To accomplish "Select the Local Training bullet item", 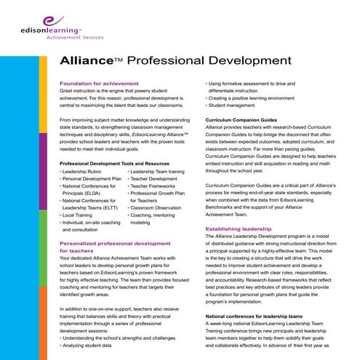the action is pyautogui.click(x=79, y=215).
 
